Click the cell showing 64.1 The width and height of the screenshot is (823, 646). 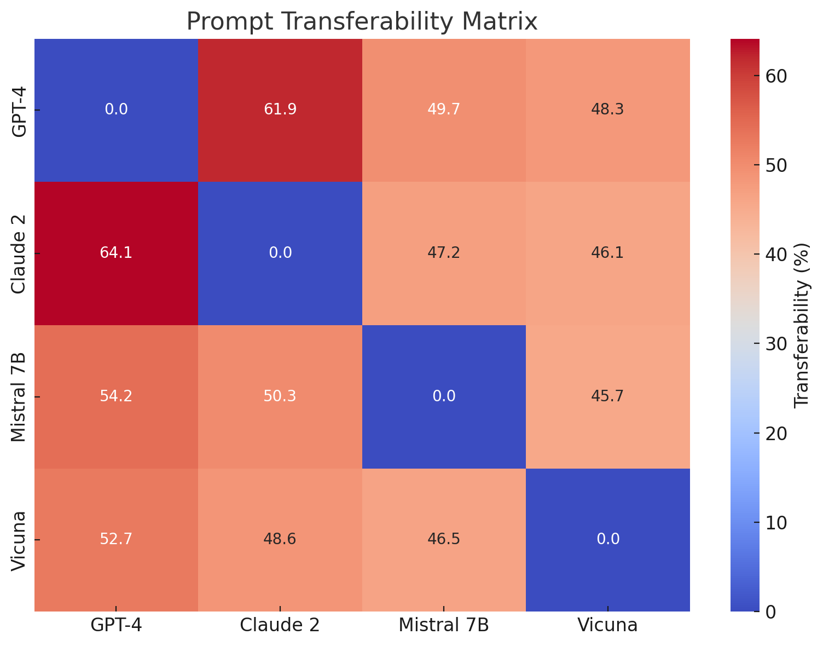116,253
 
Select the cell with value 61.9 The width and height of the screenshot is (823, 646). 280,109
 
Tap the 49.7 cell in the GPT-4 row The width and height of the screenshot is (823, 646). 444,109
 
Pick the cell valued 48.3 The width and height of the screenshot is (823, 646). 607,109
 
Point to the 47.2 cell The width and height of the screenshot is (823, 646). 444,253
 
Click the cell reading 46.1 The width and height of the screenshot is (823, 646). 607,253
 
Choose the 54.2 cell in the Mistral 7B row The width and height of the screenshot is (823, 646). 116,396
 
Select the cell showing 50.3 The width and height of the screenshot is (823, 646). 280,396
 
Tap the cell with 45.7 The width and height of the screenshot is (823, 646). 607,396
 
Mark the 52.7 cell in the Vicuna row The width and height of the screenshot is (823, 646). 116,539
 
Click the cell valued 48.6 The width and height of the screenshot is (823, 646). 280,539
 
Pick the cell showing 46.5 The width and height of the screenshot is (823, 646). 444,539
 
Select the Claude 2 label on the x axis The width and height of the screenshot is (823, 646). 280,625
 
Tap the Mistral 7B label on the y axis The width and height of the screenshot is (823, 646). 19,396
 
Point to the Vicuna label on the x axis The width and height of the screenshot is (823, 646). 607,625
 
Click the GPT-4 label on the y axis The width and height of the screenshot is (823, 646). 19,109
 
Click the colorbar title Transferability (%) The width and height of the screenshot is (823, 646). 801,325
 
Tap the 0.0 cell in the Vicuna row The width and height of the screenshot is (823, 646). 607,539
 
